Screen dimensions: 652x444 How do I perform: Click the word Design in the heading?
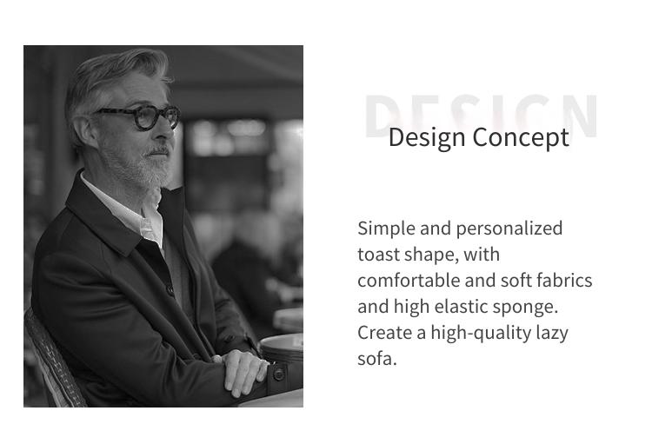[427, 138]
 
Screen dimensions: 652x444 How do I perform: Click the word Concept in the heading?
[521, 138]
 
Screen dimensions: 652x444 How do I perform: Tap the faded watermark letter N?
[582, 116]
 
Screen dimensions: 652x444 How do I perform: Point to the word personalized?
[509, 229]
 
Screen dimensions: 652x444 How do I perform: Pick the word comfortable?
[409, 280]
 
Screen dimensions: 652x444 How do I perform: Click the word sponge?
[525, 308]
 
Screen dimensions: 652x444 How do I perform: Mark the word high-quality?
[481, 334]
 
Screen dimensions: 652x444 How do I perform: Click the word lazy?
[552, 334]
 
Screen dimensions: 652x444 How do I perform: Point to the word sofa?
[377, 359]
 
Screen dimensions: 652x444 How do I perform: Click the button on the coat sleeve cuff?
[278, 374]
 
